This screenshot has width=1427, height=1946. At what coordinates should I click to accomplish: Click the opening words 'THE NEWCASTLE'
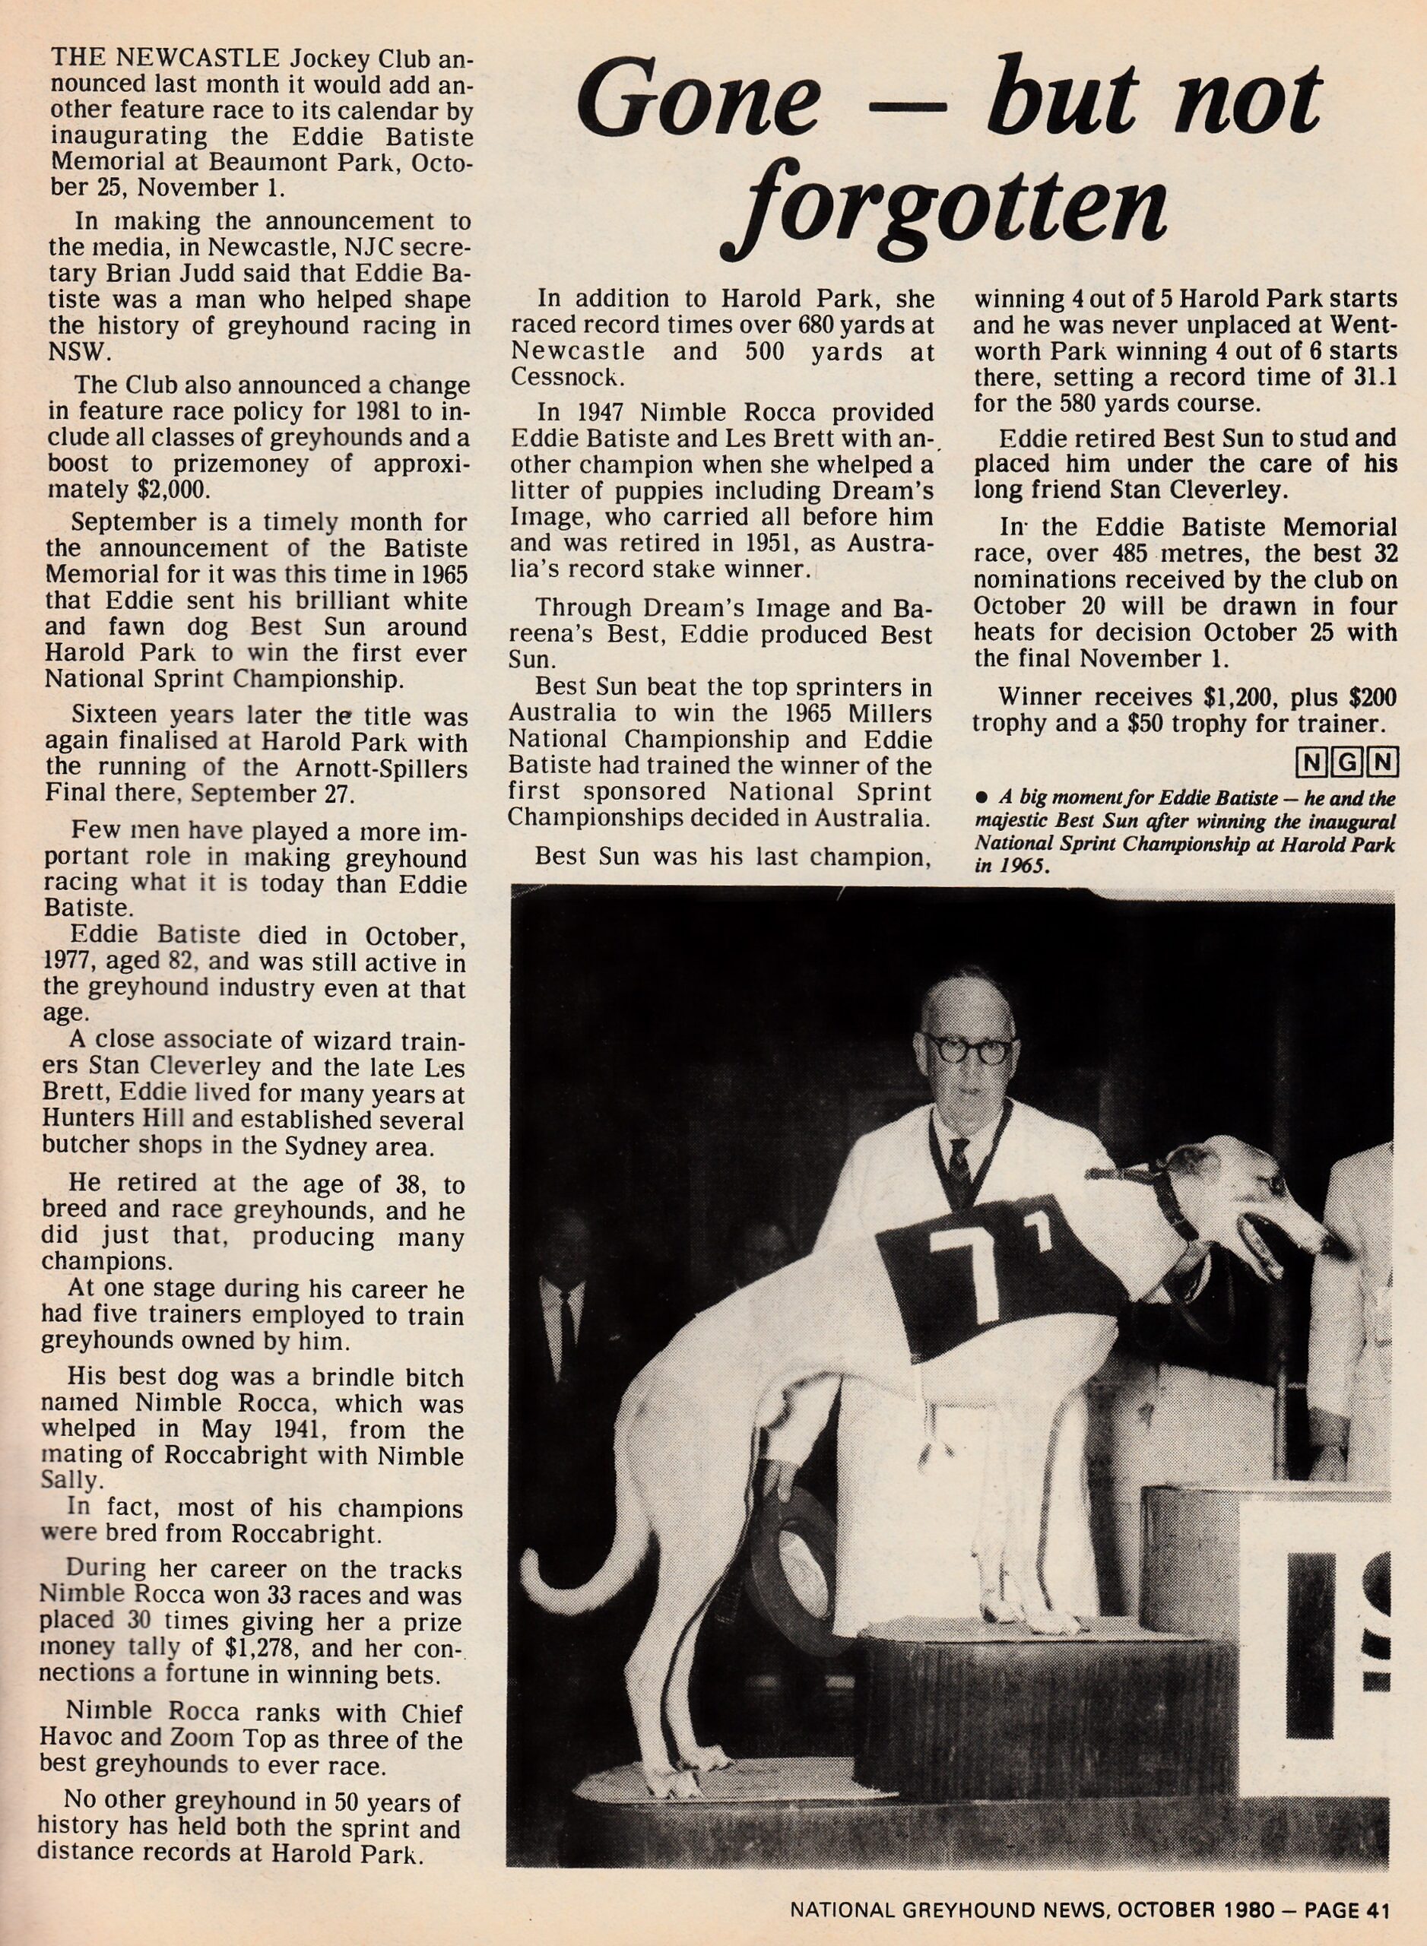tap(164, 59)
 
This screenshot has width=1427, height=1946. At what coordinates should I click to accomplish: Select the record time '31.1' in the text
tap(1375, 376)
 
